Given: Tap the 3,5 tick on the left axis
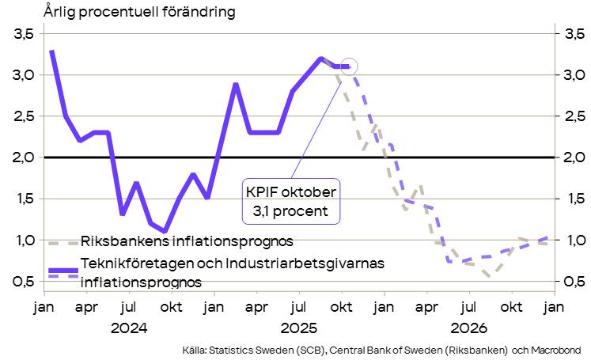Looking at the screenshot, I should pyautogui.click(x=22, y=34).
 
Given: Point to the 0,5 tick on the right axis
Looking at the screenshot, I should pyautogui.click(x=574, y=281).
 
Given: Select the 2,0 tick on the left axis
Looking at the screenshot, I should pyautogui.click(x=22, y=157).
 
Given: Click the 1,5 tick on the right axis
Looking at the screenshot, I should pyautogui.click(x=574, y=199).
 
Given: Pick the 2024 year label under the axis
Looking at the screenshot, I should pyautogui.click(x=130, y=327).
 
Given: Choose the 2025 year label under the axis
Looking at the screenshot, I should pyautogui.click(x=300, y=327).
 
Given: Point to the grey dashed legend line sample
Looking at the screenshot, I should pyautogui.click(x=62, y=241).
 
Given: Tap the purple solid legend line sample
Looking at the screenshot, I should pyautogui.click(x=62, y=269).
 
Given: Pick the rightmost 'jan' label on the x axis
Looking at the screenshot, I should pyautogui.click(x=555, y=305).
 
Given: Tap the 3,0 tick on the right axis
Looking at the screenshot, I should pyautogui.click(x=574, y=75).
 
